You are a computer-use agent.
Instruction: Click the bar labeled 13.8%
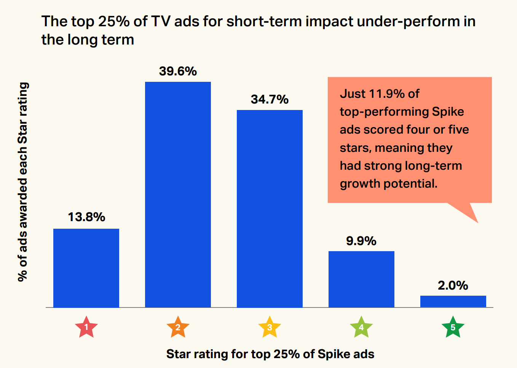pos(86,268)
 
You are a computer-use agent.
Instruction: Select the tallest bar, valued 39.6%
pos(178,194)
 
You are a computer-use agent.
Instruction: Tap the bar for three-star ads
pos(270,209)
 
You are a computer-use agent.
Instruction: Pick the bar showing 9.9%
pos(361,279)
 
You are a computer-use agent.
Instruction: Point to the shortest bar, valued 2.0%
pos(453,301)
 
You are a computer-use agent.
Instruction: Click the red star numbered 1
pos(86,327)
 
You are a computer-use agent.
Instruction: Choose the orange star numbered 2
pos(178,327)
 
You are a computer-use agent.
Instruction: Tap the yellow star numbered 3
pos(270,327)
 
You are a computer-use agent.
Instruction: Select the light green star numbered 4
pos(361,327)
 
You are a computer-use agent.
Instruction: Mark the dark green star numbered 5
pos(453,327)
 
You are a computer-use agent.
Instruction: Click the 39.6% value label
pos(178,71)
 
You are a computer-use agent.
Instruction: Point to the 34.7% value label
pos(270,99)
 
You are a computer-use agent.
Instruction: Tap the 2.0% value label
pos(453,285)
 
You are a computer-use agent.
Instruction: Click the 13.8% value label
pos(86,217)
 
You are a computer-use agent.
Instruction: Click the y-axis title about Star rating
pos(23,182)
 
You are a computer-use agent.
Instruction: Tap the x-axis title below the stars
pos(270,354)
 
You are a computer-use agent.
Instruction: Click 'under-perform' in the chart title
pos(408,21)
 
